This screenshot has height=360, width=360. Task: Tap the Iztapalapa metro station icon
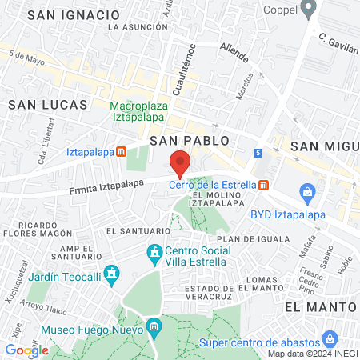[121, 151]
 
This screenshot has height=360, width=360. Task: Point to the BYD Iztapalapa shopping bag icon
[306, 192]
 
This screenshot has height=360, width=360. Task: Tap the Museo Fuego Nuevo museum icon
[154, 326]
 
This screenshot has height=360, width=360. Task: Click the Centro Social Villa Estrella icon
[154, 255]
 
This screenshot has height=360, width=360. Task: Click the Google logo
[26, 350]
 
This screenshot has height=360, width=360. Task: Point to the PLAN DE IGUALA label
[245, 238]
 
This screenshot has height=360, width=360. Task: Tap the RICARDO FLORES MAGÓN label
[35, 230]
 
